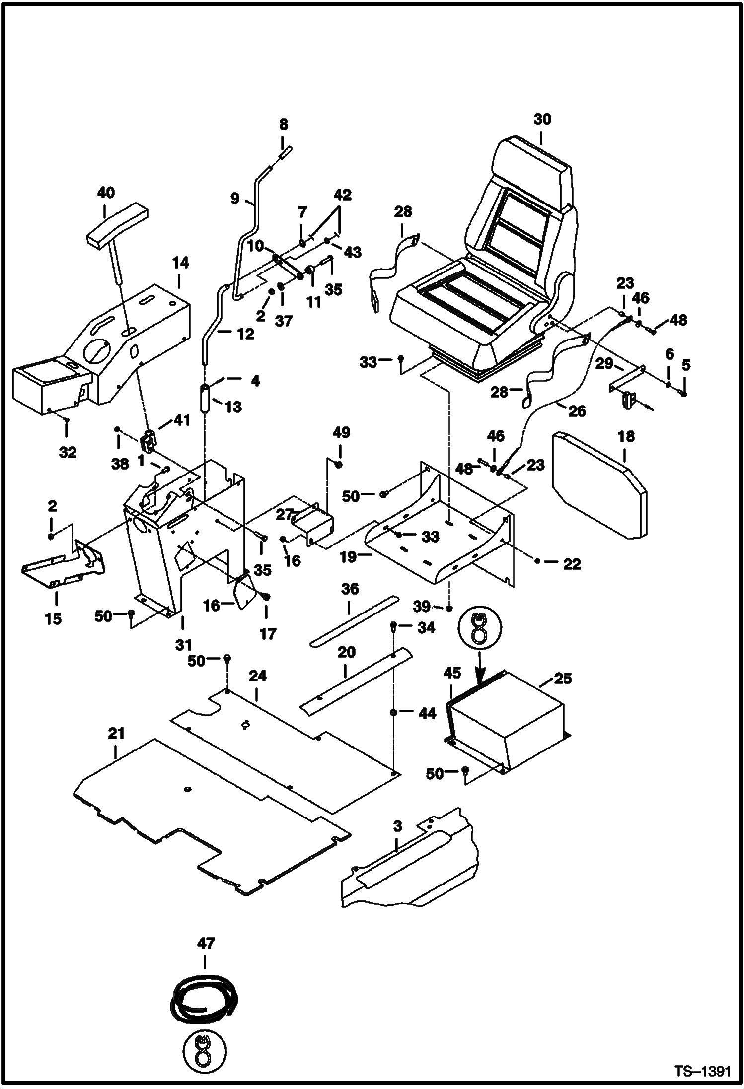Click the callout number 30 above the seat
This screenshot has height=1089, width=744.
point(542,120)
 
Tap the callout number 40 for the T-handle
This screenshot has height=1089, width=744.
point(105,193)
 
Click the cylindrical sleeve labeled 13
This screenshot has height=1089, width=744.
point(204,397)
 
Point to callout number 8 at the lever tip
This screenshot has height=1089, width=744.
point(283,125)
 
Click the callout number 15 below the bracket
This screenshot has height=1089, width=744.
point(53,619)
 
